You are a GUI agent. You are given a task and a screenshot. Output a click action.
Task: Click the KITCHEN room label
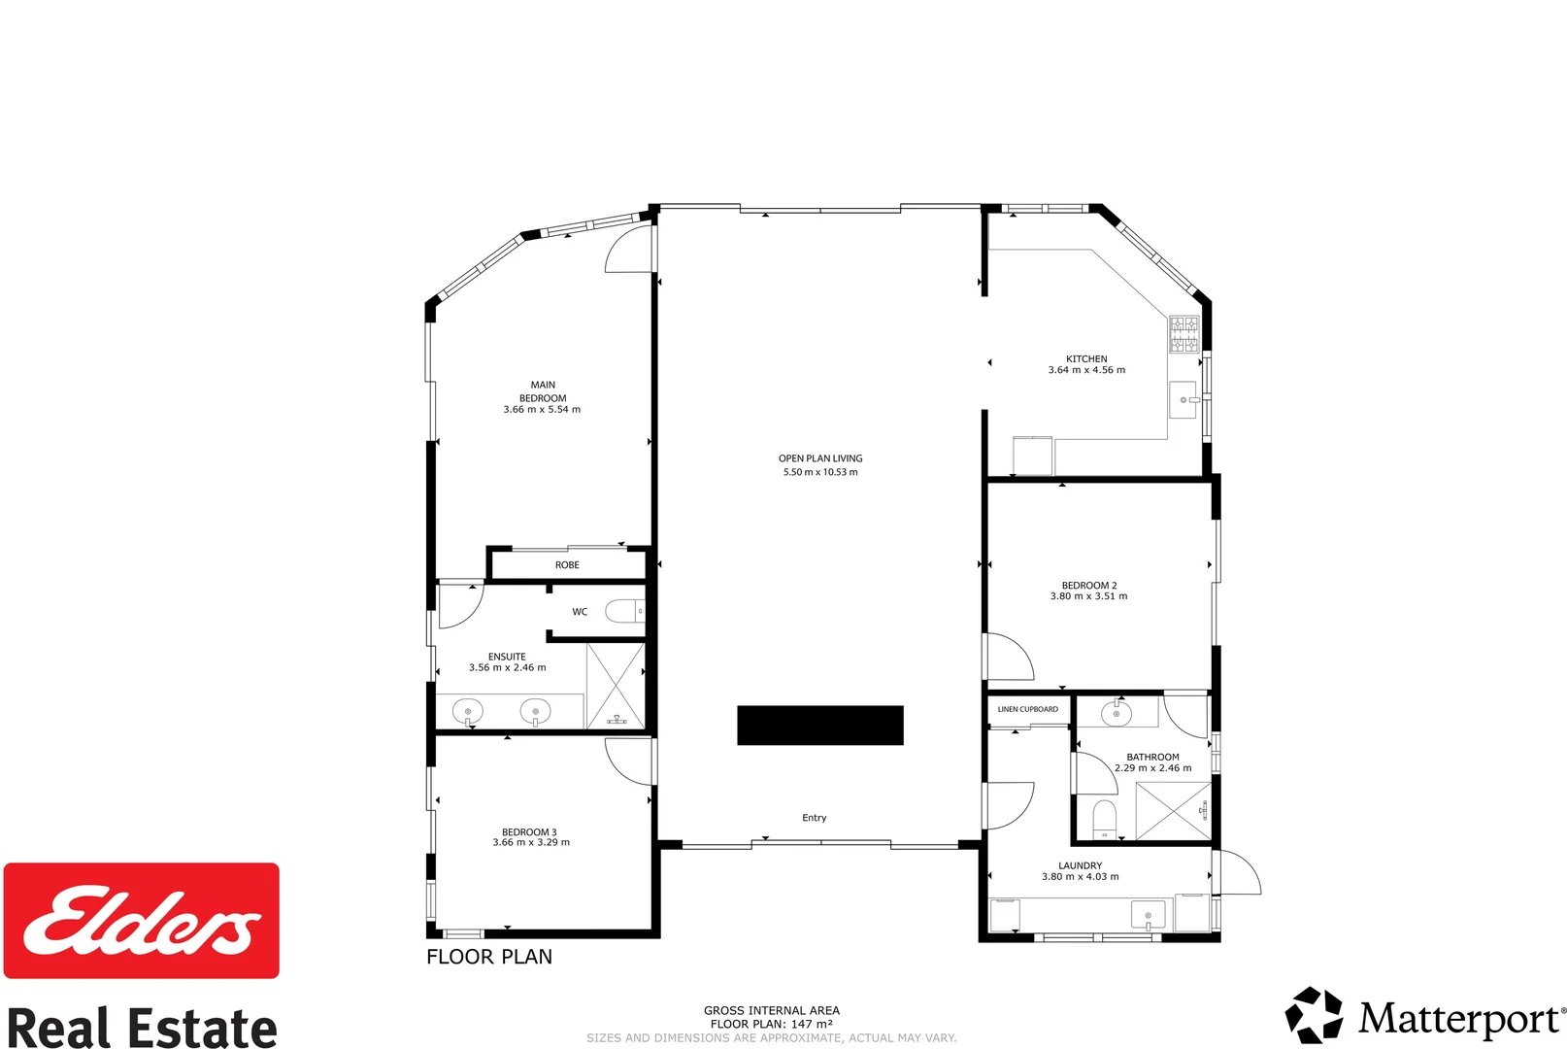pyautogui.click(x=1086, y=358)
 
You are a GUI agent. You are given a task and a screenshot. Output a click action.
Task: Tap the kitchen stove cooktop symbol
pyautogui.click(x=1184, y=333)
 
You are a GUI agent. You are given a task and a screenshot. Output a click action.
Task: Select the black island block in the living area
pyautogui.click(x=820, y=726)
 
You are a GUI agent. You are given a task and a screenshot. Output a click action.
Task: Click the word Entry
pyautogui.click(x=815, y=818)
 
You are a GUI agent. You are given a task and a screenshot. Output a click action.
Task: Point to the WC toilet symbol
pyautogui.click(x=624, y=611)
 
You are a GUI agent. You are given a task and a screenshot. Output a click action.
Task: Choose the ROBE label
pyautogui.click(x=567, y=565)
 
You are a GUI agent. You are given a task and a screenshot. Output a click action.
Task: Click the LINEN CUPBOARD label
pyautogui.click(x=1028, y=709)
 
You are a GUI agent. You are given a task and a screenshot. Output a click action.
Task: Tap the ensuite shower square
pyautogui.click(x=616, y=685)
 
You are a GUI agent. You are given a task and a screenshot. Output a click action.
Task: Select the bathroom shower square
pyautogui.click(x=1173, y=810)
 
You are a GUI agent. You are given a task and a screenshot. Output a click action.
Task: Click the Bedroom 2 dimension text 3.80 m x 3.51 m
pyautogui.click(x=1088, y=596)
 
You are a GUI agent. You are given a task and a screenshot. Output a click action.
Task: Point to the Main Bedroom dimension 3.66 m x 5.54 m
pyautogui.click(x=542, y=410)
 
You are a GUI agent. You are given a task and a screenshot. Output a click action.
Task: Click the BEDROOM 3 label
pyautogui.click(x=529, y=832)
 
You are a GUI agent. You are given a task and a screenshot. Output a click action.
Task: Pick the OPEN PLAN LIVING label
pyautogui.click(x=820, y=458)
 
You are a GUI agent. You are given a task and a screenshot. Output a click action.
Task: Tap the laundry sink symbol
pyautogui.click(x=1148, y=915)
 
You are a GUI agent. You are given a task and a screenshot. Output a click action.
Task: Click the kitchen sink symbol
pyautogui.click(x=1183, y=399)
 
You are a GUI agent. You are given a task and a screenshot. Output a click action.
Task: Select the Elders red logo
pyautogui.click(x=142, y=920)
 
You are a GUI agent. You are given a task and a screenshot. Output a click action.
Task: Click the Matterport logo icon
pyautogui.click(x=1314, y=1016)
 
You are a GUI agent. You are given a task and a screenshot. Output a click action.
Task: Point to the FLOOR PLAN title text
pyautogui.click(x=489, y=957)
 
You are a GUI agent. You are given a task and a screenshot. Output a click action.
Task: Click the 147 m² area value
pyautogui.click(x=812, y=1024)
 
